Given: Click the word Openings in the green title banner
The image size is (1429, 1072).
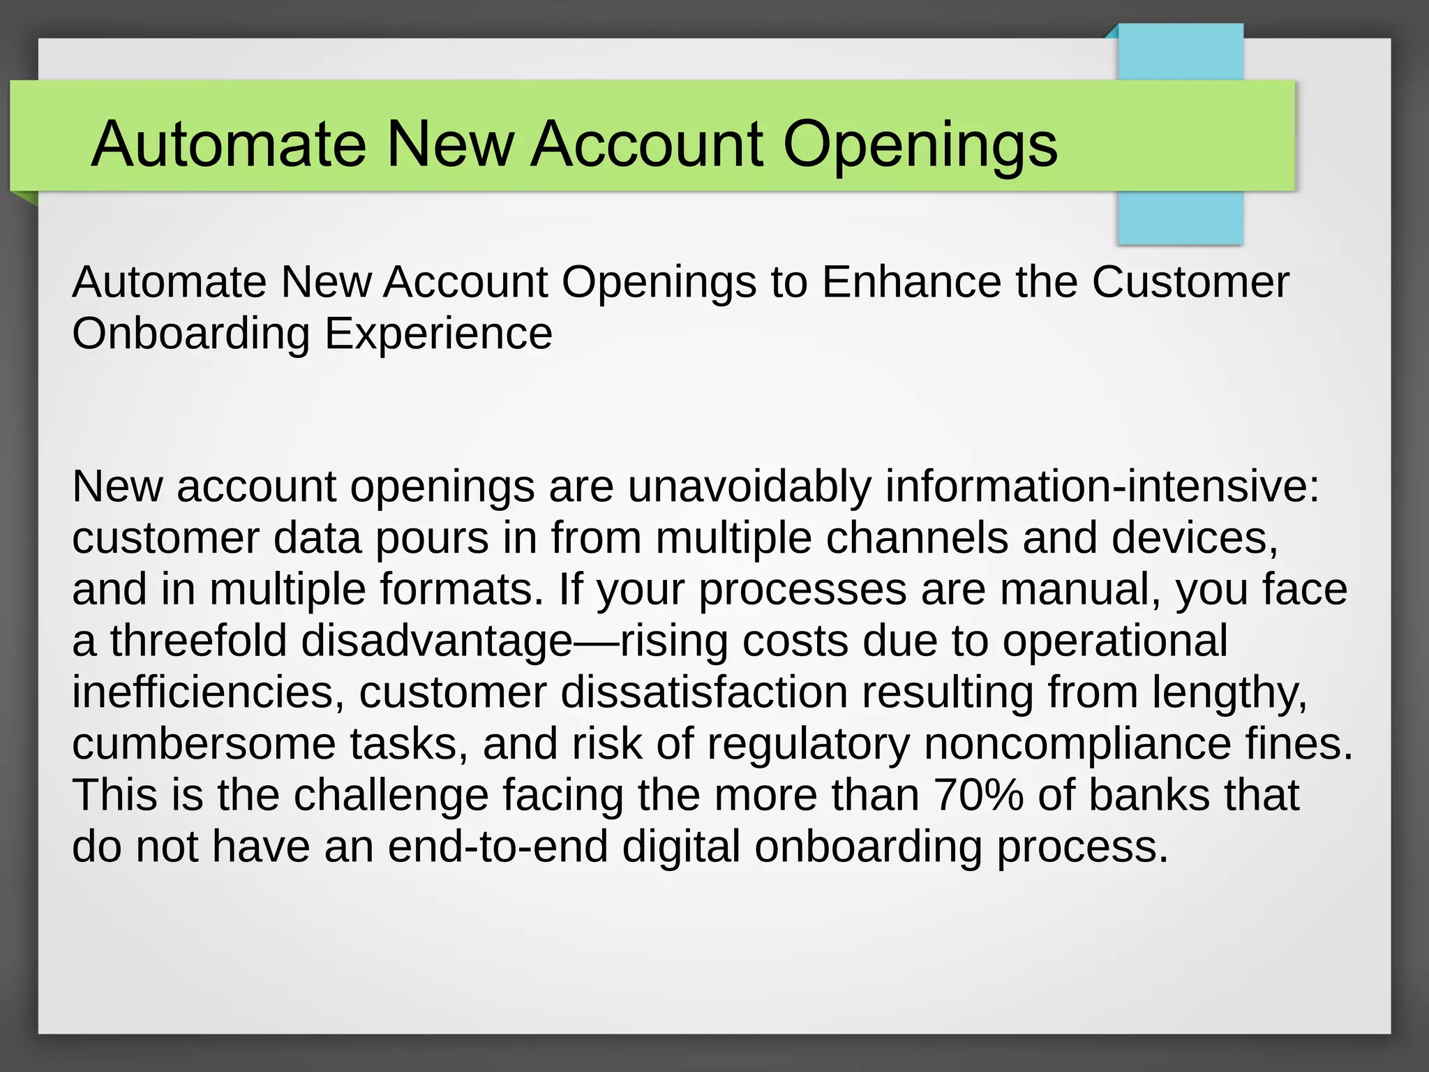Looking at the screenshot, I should tap(920, 144).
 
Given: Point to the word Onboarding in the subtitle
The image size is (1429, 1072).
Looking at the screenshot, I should tap(190, 334).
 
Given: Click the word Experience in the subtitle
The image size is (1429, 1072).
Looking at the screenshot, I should tap(438, 334).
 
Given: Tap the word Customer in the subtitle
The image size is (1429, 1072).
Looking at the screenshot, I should tap(1190, 283).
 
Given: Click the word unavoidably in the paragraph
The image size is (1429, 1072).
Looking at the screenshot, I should tap(749, 486).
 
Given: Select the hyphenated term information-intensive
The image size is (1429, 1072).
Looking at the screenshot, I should tap(1102, 486).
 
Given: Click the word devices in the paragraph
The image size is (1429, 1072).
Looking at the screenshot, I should tap(1193, 538).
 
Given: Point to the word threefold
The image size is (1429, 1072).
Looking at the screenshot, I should tap(198, 641).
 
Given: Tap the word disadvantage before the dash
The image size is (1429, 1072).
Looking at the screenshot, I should tap(437, 641).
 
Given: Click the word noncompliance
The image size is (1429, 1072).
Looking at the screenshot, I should tap(1077, 744).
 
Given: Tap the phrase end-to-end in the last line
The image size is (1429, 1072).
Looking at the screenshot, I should tap(497, 847).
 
